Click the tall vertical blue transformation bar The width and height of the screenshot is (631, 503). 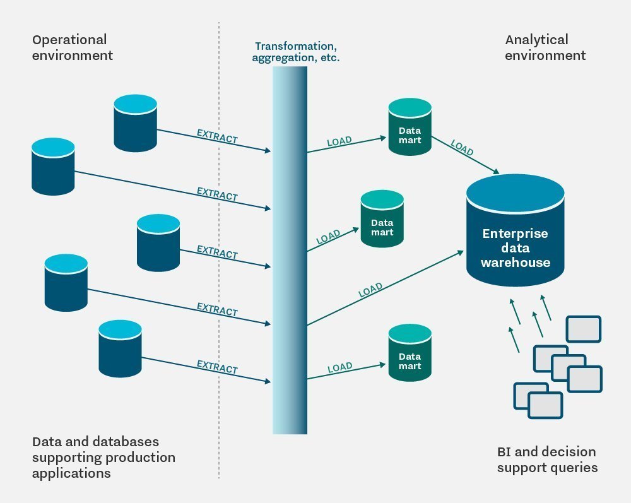290,252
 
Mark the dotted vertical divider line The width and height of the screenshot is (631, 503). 219,252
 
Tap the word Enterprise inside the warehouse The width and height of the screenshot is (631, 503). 515,234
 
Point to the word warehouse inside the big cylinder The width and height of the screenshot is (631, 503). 515,262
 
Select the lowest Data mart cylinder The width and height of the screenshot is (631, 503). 410,353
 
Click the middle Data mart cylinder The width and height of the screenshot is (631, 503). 382,218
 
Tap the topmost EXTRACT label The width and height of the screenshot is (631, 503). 217,136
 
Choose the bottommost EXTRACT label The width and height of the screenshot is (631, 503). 217,367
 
